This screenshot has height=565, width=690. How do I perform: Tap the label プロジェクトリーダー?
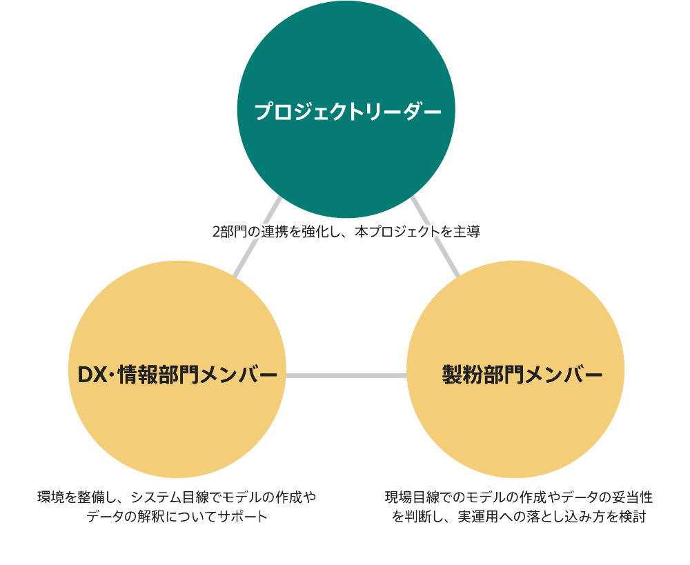347,112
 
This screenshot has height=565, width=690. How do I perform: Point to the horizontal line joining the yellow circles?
346,375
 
